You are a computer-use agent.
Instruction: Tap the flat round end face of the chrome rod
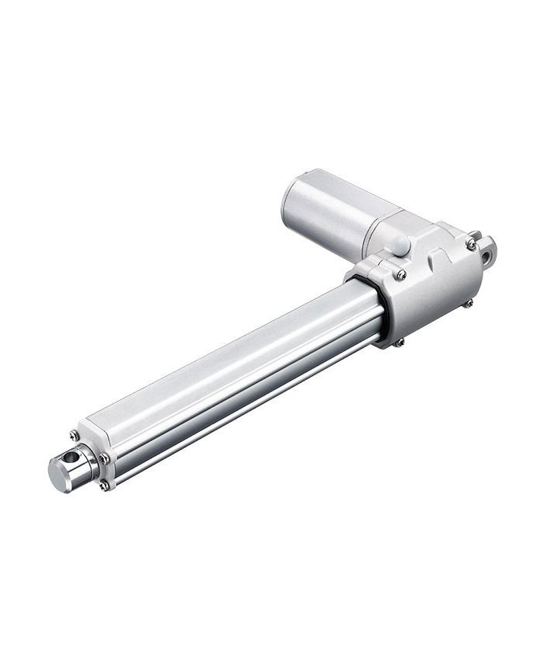[58, 473]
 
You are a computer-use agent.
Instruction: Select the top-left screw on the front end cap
[74, 436]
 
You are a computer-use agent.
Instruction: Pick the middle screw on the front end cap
[103, 458]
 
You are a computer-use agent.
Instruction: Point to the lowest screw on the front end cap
[103, 486]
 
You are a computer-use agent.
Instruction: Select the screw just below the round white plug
[400, 274]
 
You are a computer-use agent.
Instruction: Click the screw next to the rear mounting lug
[471, 244]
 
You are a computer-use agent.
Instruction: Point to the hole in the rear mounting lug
[487, 251]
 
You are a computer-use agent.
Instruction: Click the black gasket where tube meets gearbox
[380, 311]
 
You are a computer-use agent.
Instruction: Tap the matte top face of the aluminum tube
[233, 357]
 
